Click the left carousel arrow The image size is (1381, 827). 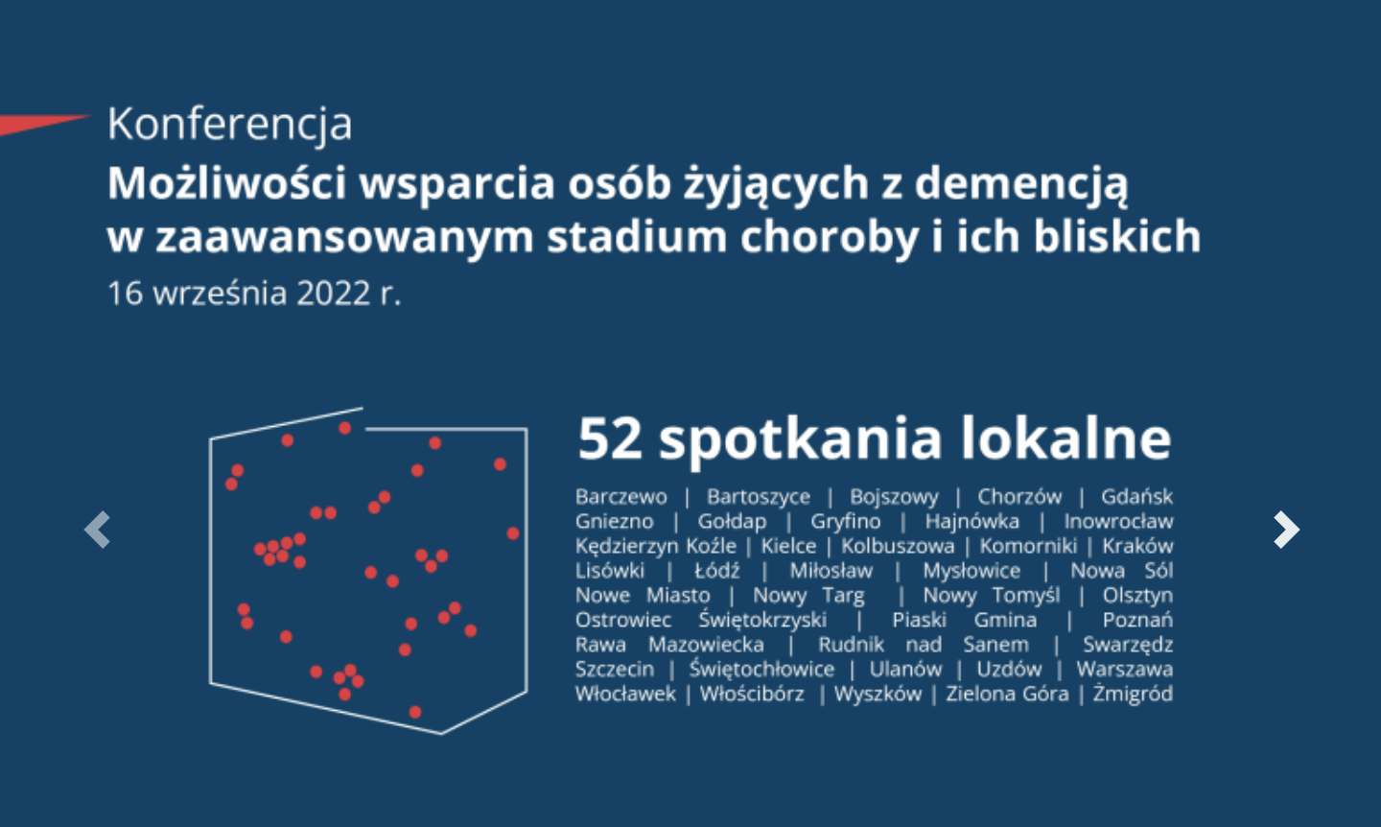(x=98, y=530)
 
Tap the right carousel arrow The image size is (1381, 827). (x=1285, y=530)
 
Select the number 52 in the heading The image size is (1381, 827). (x=610, y=438)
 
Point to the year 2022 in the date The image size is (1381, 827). (x=333, y=293)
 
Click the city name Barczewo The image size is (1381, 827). (x=620, y=497)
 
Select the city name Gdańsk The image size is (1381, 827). (x=1136, y=497)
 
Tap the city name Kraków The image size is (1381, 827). (x=1137, y=546)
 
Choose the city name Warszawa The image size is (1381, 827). (x=1124, y=669)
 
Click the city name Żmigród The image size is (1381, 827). (x=1133, y=694)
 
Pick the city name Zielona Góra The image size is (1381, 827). (x=1007, y=694)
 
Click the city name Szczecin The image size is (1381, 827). (x=615, y=669)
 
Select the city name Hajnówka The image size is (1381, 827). (x=971, y=522)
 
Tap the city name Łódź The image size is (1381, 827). (x=717, y=571)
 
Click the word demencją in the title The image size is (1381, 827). (x=1021, y=183)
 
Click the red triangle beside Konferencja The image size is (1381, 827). (x=38, y=124)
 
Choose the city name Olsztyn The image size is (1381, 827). (x=1137, y=596)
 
